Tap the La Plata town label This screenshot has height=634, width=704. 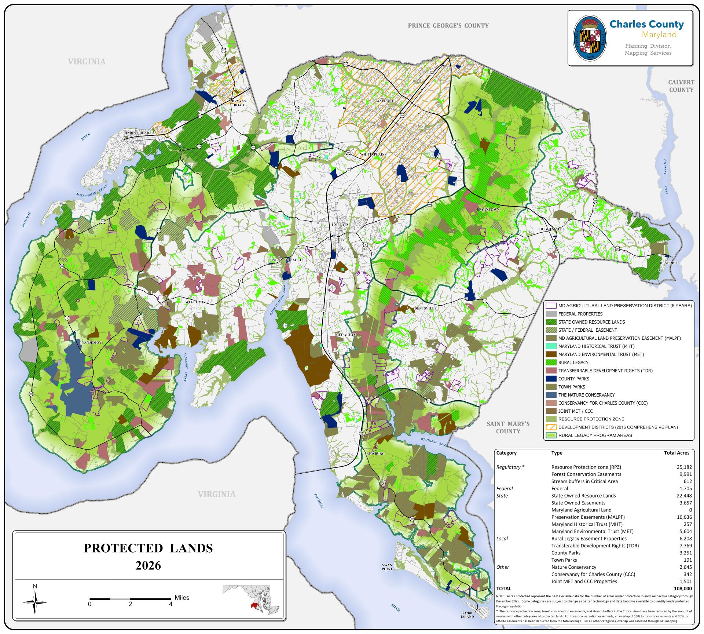coord(340,224)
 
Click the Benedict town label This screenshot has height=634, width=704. coord(669,263)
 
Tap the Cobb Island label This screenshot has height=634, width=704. coord(468,614)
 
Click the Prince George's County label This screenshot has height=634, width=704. coord(448,25)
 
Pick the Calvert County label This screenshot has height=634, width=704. coord(681,86)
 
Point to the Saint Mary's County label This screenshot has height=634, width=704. coord(508,427)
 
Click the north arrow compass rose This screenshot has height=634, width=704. coord(35,602)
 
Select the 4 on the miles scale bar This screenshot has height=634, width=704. coord(170,604)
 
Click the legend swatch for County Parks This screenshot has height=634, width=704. coord(551,379)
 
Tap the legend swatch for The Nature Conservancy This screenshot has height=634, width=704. coord(551,395)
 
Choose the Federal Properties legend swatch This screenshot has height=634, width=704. coord(551,314)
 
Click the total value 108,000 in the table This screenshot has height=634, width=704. coord(683,589)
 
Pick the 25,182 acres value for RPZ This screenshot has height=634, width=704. coord(684,467)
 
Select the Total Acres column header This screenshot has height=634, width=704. coord(676,453)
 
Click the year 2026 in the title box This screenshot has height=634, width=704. coord(148,565)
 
